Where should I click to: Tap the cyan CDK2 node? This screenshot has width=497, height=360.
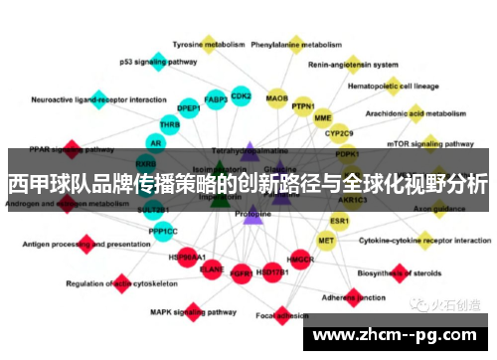point(241,96)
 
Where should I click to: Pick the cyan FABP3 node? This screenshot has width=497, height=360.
point(215,99)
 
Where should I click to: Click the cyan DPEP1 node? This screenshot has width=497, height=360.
point(189,108)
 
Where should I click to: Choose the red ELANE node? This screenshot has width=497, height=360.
point(212,269)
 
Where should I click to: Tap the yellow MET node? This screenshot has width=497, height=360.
point(326,240)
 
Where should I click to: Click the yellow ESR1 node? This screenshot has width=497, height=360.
point(340,220)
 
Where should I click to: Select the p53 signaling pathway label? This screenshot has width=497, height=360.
point(158,62)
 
